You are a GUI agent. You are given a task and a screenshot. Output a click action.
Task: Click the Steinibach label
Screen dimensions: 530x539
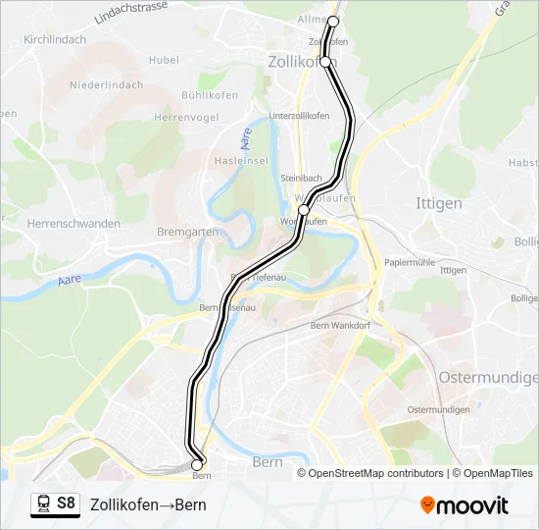click(302, 178)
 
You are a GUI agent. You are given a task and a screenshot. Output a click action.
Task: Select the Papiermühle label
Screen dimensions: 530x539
click(410, 262)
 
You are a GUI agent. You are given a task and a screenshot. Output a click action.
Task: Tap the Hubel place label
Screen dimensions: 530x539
click(164, 60)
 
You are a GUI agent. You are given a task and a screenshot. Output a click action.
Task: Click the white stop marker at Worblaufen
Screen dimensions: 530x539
click(304, 210)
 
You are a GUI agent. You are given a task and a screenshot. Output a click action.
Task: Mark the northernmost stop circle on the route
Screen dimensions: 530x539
click(333, 21)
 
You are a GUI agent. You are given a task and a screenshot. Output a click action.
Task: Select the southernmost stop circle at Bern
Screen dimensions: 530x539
click(197, 464)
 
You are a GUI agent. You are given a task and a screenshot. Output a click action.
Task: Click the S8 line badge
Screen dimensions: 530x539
click(66, 503)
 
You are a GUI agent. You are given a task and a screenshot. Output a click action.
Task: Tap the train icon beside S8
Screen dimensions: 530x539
click(43, 503)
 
